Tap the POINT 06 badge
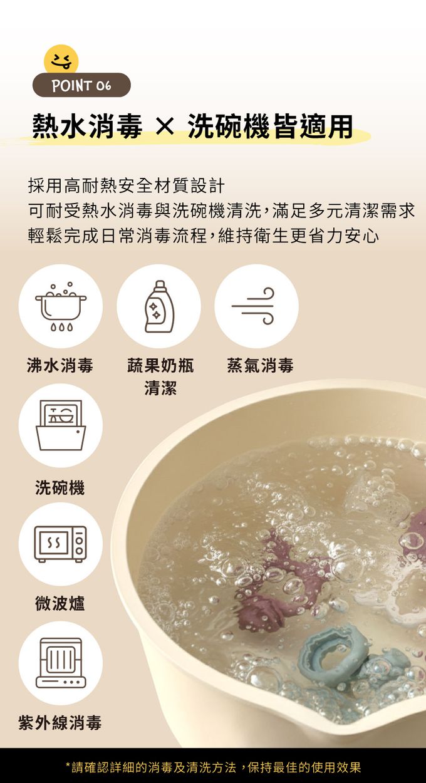[x=81, y=85]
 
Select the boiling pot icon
[x=61, y=306]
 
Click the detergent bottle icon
[x=159, y=306]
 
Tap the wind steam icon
[x=254, y=306]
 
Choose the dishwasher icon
[x=61, y=425]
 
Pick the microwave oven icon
[x=61, y=544]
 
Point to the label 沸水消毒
[x=60, y=366]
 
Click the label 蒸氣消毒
[x=260, y=366]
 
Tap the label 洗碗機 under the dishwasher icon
[x=60, y=487]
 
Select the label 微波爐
[x=60, y=603]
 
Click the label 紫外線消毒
[x=60, y=722]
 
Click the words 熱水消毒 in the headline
[x=87, y=126]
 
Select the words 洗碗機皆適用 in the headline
[x=270, y=126]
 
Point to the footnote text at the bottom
[x=213, y=767]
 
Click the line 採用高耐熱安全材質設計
[x=126, y=185]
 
